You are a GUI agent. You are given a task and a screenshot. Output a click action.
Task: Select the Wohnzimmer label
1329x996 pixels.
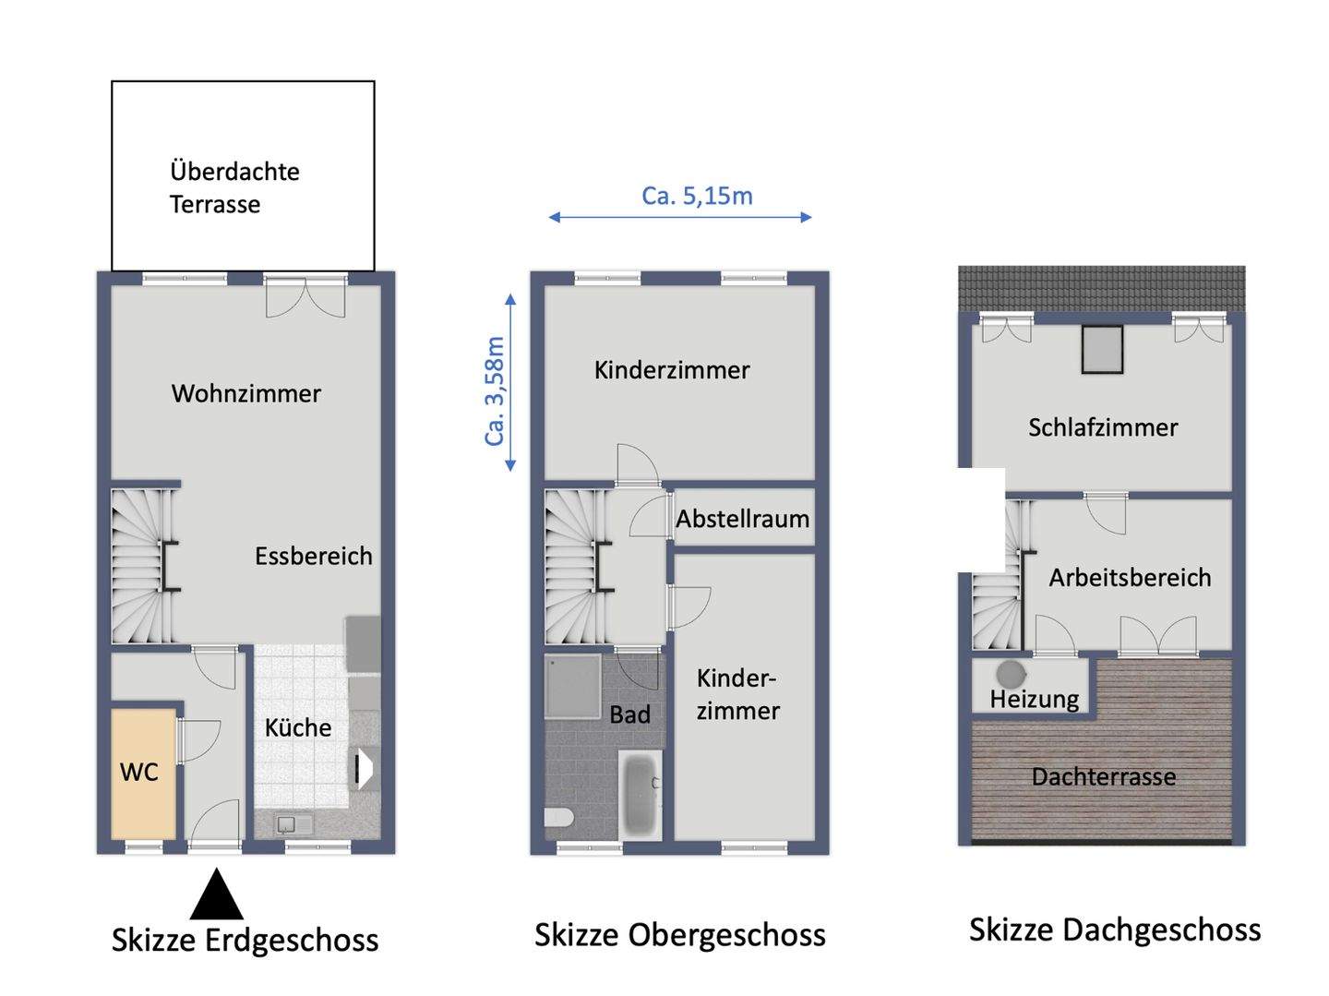tap(245, 394)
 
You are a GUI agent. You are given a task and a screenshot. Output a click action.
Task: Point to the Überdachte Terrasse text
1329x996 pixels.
tap(234, 187)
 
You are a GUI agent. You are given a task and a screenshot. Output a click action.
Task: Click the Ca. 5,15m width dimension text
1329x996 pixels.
tap(697, 196)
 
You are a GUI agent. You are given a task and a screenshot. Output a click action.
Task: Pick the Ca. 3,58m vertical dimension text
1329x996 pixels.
tap(496, 390)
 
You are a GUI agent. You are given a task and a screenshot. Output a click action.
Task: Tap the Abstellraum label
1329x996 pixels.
tap(742, 519)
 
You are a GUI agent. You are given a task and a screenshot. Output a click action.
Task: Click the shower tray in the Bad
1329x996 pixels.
tap(573, 686)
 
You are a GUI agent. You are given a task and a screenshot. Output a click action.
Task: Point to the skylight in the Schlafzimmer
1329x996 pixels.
tap(1102, 349)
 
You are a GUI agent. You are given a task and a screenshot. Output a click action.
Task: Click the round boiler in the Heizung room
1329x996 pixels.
tap(1010, 673)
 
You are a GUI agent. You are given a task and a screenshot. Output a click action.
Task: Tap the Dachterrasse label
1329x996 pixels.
tap(1103, 777)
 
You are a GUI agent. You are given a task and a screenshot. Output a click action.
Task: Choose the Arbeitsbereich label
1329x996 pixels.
tap(1130, 578)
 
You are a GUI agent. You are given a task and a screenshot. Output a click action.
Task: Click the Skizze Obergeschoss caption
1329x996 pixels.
tap(679, 935)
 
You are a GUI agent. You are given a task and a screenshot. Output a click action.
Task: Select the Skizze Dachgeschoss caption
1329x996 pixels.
tap(1114, 930)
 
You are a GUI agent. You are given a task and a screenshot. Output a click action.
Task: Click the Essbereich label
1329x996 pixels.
tap(313, 556)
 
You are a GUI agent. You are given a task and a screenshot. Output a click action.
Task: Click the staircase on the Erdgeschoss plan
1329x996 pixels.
tap(141, 566)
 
